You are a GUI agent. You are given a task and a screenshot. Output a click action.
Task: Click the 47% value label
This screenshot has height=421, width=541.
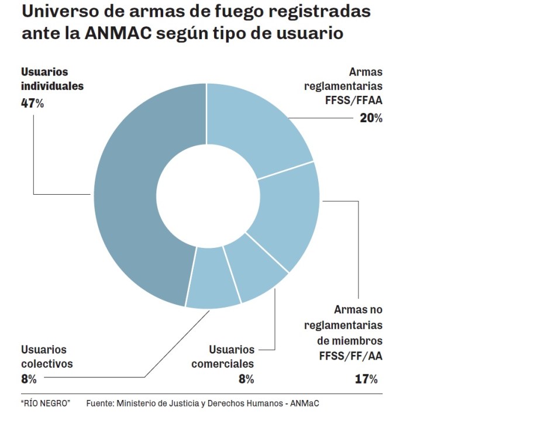coord(33,103)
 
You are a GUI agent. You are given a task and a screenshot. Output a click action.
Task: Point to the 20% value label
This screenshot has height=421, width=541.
coord(371,118)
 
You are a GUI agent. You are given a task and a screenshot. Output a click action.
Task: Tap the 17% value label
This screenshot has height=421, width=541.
coord(366,379)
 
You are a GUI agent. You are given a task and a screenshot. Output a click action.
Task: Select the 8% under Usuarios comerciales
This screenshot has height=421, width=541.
coord(246,379)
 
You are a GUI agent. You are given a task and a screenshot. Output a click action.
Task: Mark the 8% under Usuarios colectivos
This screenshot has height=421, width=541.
coord(29,379)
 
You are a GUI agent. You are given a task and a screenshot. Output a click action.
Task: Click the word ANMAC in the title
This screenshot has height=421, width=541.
coord(118,33)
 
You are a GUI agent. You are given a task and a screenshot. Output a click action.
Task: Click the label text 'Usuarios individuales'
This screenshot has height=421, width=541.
coord(52,79)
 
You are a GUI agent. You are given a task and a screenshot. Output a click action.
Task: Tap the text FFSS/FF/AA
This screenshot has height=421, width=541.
coord(352,356)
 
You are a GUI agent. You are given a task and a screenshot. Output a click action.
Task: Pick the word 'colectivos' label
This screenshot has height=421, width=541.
coord(47,364)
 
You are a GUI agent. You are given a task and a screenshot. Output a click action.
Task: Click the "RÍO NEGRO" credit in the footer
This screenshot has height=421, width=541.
coord(45,403)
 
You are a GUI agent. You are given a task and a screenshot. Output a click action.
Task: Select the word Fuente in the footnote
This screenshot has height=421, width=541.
coord(100,403)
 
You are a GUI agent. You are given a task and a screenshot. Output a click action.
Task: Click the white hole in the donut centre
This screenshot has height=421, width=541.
coord(208,196)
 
